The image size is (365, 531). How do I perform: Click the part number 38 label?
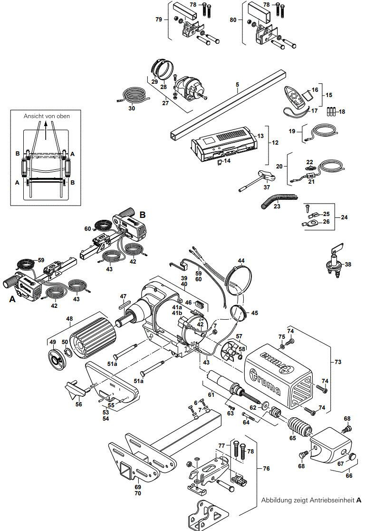pyautogui.click(x=348, y=265)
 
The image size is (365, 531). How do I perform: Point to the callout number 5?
pyautogui.click(x=237, y=86)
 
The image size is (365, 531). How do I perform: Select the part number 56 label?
pyautogui.click(x=79, y=404)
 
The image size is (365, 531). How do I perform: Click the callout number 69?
pyautogui.click(x=138, y=487)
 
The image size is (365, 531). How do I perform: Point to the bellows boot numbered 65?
pyautogui.click(x=297, y=425)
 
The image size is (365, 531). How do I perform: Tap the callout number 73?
pyautogui.click(x=338, y=362)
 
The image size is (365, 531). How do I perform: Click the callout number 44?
pyautogui.click(x=241, y=261)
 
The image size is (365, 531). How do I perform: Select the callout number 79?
pyautogui.click(x=159, y=19)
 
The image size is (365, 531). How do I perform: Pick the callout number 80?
pyautogui.click(x=233, y=20)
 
